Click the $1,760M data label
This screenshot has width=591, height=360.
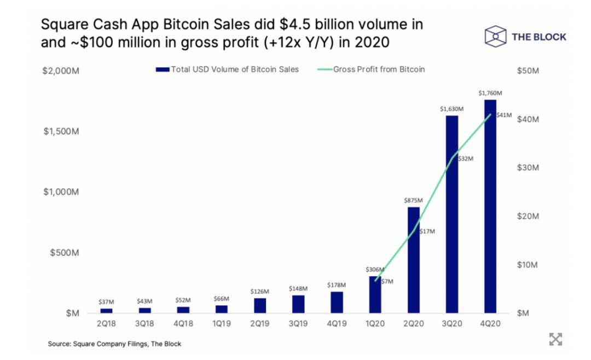490,94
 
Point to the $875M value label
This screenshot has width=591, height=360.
413,201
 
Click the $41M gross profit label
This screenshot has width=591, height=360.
503,115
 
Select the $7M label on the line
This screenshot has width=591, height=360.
387,281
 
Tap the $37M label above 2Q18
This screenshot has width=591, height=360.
107,302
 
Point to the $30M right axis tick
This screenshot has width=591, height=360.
528,168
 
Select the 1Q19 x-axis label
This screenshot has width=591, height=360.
222,323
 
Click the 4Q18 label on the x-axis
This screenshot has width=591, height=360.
183,323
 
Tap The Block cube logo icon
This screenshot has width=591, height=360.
495,37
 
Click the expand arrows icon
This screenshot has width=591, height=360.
555,339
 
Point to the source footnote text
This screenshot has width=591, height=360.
114,344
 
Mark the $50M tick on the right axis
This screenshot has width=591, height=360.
528,71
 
